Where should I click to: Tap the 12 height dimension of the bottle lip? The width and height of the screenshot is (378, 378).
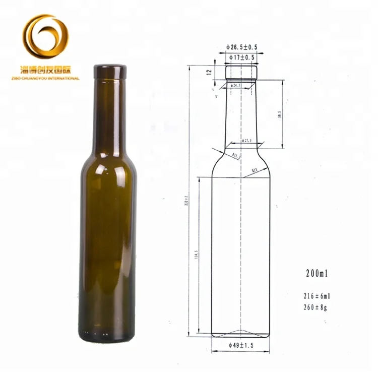(x=208, y=73)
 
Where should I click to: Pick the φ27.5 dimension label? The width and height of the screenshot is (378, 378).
(x=245, y=141)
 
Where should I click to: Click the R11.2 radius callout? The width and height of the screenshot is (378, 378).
(x=235, y=156)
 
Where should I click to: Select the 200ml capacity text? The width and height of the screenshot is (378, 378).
(x=317, y=275)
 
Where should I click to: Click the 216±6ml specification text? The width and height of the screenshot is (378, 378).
(x=317, y=296)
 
